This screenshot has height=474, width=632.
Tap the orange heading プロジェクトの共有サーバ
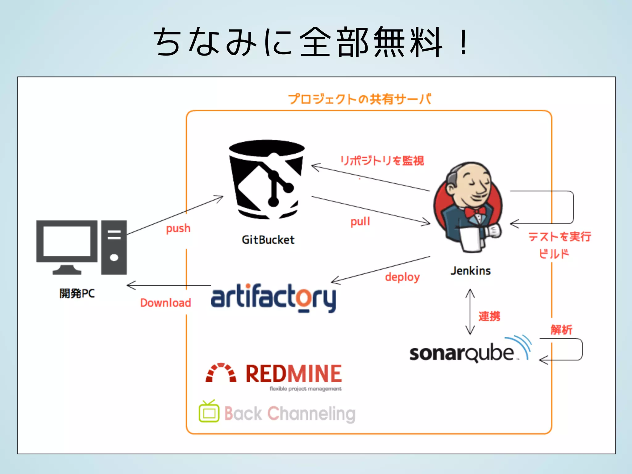(x=360, y=99)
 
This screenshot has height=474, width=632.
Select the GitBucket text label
(x=268, y=240)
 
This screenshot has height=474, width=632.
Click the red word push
(x=178, y=228)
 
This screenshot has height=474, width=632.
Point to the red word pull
(x=360, y=222)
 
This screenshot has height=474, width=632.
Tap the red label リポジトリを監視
(x=382, y=160)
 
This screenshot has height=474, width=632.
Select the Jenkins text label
(x=470, y=271)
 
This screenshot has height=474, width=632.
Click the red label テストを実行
(x=559, y=237)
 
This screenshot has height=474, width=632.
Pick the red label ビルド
(x=554, y=254)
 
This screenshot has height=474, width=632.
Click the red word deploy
(x=402, y=277)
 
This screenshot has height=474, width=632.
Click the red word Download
(x=165, y=303)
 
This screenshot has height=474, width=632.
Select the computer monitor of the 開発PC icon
(x=67, y=241)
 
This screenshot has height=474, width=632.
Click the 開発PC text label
(x=77, y=293)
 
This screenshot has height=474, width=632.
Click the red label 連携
(x=489, y=316)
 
